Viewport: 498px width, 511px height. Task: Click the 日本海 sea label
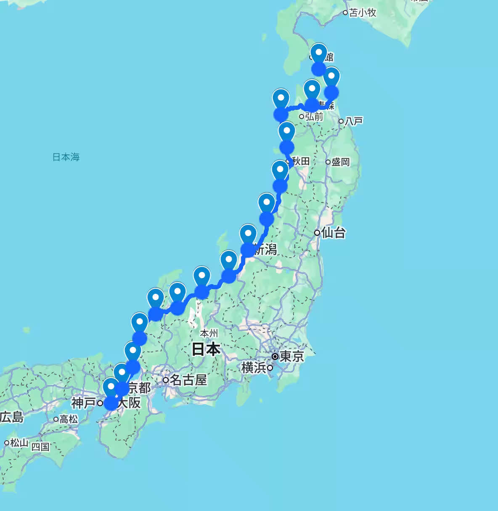[66, 157]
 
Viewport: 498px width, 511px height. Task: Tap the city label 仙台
[334, 232]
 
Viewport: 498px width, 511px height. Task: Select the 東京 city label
[292, 357]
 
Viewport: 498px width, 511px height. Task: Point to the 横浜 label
[254, 367]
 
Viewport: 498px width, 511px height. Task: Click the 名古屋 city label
[188, 380]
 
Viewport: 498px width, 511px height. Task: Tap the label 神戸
[83, 403]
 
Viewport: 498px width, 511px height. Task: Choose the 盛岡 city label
[341, 162]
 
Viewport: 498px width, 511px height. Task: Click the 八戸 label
[353, 121]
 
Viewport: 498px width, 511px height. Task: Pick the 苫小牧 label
[363, 13]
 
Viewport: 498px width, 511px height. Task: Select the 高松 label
[69, 419]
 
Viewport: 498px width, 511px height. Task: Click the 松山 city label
[19, 442]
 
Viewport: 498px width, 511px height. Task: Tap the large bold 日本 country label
[206, 349]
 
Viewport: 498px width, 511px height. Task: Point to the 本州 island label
[209, 333]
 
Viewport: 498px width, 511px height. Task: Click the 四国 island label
[40, 447]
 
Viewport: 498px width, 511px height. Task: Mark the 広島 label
[11, 417]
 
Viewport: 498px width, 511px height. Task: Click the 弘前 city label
[314, 117]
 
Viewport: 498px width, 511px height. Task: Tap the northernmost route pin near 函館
[319, 54]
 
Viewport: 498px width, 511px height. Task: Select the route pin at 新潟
[248, 235]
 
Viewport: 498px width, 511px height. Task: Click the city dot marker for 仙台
[317, 232]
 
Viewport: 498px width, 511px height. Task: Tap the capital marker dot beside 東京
[275, 357]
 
